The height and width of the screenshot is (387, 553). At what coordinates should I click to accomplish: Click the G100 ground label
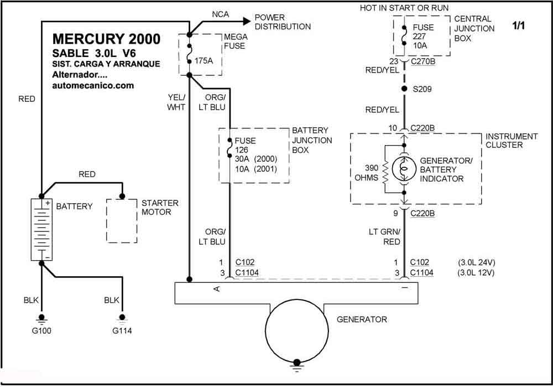click(41, 331)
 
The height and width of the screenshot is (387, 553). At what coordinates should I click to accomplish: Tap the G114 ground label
click(122, 331)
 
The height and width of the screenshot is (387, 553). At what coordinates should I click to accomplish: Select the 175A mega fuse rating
click(204, 61)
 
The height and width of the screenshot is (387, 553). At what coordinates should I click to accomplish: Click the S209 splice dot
click(404, 89)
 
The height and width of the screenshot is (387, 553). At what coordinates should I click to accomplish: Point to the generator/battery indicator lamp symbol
click(404, 169)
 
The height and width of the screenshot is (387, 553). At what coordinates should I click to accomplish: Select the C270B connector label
click(423, 61)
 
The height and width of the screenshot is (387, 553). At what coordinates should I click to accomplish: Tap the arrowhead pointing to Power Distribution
click(246, 21)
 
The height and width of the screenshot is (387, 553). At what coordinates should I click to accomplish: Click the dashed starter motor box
click(122, 221)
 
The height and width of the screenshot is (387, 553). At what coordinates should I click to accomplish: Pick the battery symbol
click(41, 230)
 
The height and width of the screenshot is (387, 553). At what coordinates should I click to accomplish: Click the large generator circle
click(297, 331)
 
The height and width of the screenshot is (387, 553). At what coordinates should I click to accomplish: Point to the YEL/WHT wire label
click(176, 102)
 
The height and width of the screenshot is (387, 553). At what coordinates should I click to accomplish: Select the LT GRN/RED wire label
click(384, 236)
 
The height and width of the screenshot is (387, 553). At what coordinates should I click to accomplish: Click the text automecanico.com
click(93, 85)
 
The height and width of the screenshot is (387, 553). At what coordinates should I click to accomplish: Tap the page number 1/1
click(519, 25)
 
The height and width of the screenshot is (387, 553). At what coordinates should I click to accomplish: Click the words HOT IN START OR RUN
click(404, 8)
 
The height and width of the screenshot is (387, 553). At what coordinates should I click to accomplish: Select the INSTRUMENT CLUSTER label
click(512, 141)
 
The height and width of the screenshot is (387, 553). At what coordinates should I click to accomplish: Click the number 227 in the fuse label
click(419, 37)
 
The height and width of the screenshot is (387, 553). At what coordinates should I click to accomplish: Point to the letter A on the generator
click(217, 289)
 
